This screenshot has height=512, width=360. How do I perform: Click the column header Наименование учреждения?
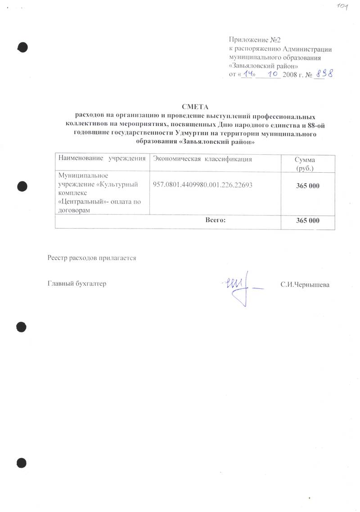coord(102,159)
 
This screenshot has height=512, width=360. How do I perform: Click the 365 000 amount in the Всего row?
coord(308,220)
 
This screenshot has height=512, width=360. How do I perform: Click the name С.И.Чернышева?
coord(305,285)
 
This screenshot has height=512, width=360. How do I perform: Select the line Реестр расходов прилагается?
coord(91,258)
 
